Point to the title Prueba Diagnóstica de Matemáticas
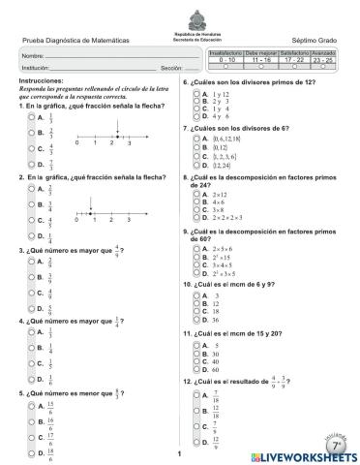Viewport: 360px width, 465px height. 75,40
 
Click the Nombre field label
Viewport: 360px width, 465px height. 35,58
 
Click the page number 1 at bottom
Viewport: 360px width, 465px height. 180,453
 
